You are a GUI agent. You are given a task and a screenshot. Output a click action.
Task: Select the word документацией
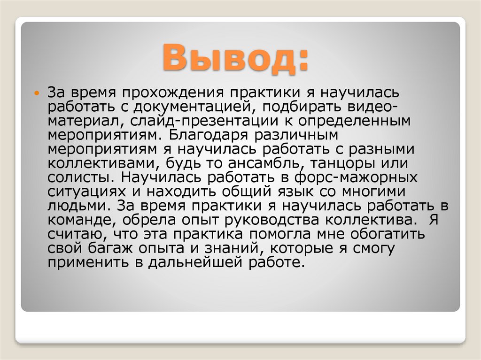[195, 107]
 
